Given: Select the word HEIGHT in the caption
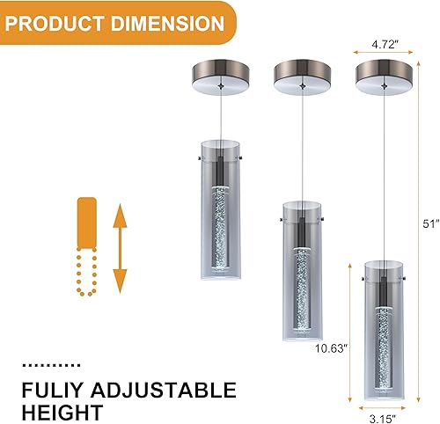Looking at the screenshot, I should coord(63,411).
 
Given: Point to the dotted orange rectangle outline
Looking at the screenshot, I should coord(87,273).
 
